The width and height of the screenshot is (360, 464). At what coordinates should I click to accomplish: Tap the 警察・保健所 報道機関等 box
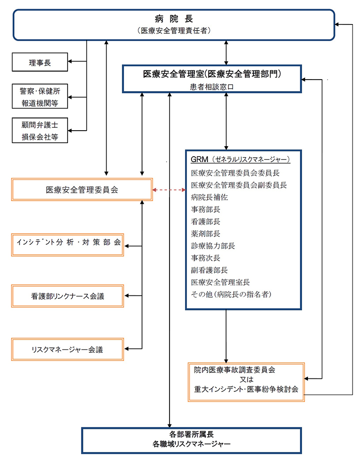40,97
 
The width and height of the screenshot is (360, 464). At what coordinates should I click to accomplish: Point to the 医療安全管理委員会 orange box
82,190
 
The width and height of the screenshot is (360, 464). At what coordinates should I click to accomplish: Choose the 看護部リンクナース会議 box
67,296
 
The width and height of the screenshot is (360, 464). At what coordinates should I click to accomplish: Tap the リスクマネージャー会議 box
67,348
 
